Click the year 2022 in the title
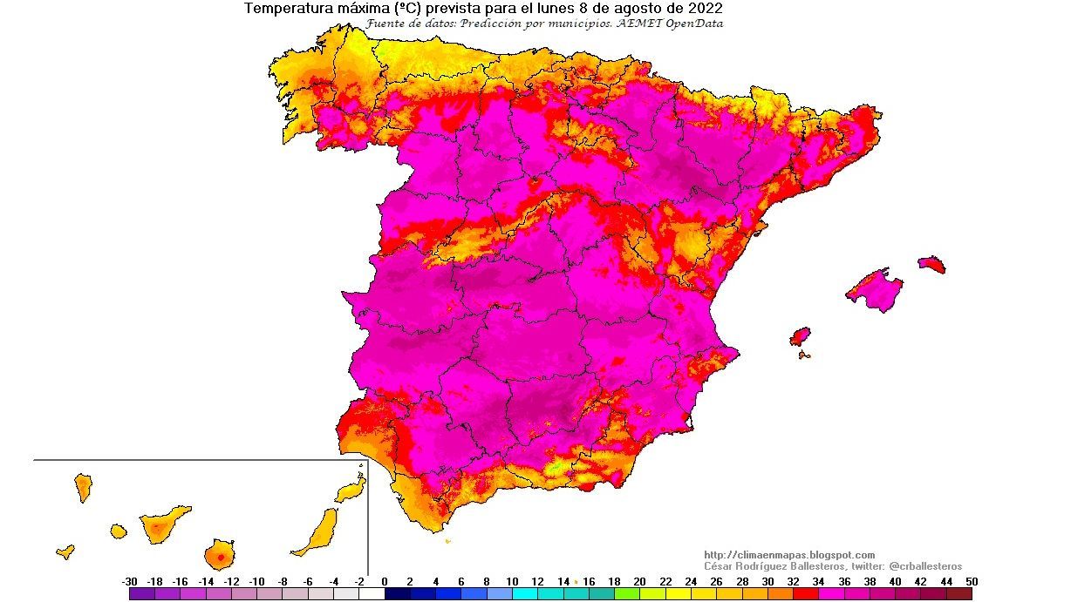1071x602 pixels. [705, 9]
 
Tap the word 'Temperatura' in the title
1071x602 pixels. [285, 9]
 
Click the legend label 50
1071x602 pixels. [972, 581]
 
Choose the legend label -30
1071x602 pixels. [130, 581]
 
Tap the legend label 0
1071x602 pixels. [385, 581]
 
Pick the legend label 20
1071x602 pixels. [639, 581]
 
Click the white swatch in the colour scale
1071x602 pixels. [372, 594]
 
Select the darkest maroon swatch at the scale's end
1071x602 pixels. [959, 594]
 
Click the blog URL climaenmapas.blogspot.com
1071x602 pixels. [788, 555]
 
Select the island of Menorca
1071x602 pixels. [931, 264]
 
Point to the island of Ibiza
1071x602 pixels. [799, 336]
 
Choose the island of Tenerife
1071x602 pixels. [162, 524]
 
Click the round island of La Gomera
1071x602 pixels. [119, 531]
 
